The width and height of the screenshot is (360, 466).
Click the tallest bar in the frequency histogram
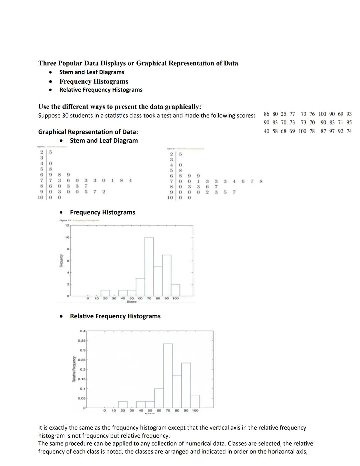tap(149, 267)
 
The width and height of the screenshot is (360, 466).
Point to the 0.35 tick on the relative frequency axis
tap(82, 341)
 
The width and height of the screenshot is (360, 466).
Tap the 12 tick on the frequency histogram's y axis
tap(67, 225)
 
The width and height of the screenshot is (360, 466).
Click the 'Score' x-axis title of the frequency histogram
tap(131, 302)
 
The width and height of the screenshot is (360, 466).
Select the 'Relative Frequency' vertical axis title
tap(74, 369)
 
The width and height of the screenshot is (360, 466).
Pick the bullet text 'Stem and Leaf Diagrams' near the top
tap(92, 72)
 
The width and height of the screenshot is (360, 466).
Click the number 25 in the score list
tap(283, 114)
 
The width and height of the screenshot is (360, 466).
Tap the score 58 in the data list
tap(275, 131)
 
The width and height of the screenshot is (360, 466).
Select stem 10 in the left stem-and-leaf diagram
tap(40, 197)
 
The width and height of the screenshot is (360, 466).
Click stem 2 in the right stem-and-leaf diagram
tap(171, 154)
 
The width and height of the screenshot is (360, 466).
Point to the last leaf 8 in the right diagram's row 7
tap(261, 181)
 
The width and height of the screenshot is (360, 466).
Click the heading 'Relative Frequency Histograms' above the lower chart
tap(115, 316)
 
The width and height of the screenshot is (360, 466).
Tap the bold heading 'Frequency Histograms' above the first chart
tap(102, 212)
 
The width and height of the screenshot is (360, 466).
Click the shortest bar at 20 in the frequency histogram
tap(105, 293)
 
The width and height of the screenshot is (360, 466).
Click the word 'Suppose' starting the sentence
tap(49, 116)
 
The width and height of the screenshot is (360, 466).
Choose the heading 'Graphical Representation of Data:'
tap(88, 132)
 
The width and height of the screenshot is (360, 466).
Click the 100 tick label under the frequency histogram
tap(175, 298)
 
